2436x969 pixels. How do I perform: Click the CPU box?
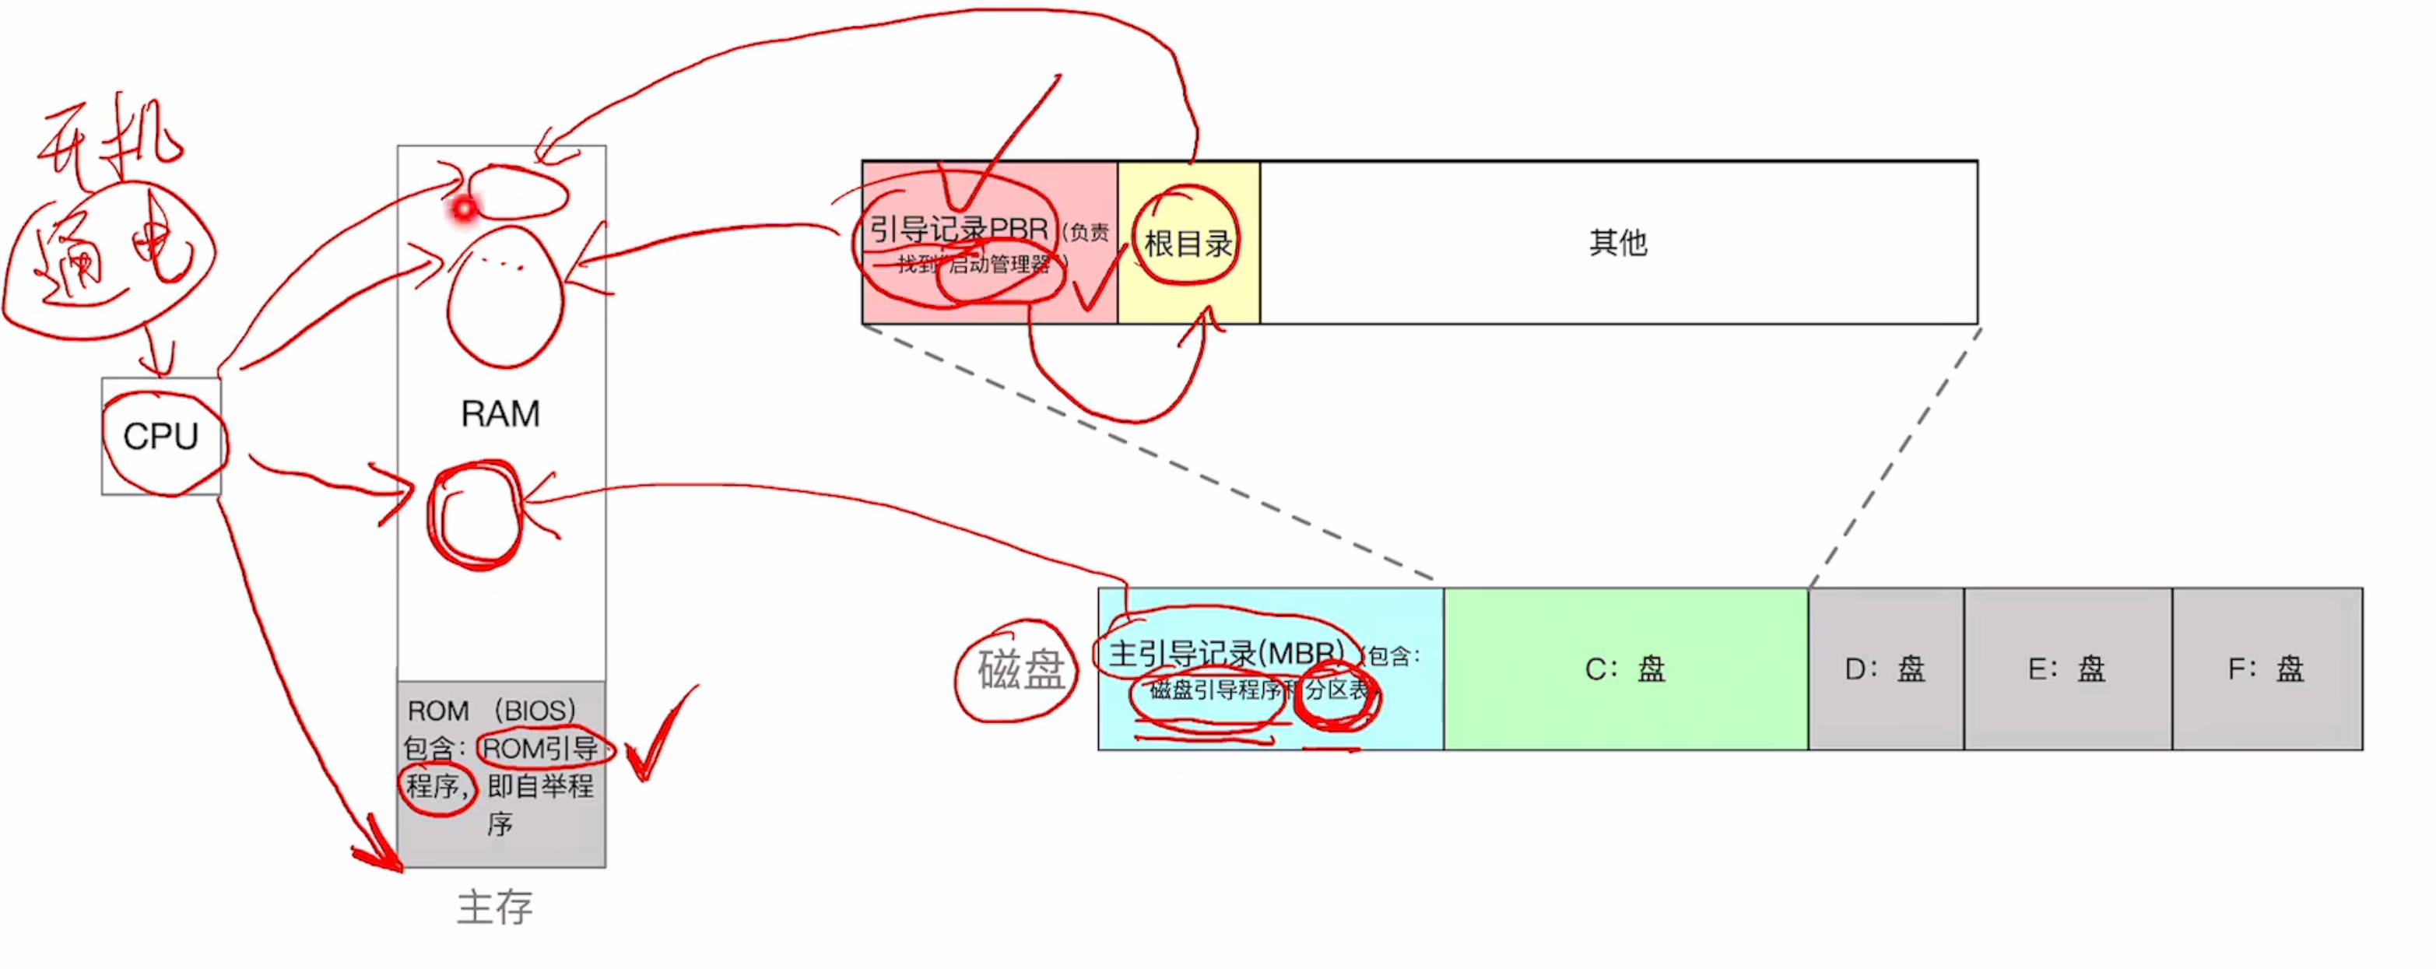tap(161, 436)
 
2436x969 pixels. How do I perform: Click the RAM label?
tap(500, 413)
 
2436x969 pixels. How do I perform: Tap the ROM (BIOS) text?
tap(492, 710)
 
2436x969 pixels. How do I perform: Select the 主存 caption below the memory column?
tap(494, 907)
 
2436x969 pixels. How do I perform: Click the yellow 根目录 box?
tap(1188, 243)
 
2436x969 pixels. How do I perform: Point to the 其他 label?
tap(1618, 243)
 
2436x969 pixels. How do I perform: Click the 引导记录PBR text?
tap(959, 229)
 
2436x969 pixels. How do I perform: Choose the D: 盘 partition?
tap(1885, 669)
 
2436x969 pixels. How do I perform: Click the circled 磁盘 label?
tap(1020, 670)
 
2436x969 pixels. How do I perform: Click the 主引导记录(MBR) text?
tap(1226, 653)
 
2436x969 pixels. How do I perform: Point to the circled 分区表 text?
tap(1337, 690)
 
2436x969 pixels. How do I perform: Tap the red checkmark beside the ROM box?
tap(659, 737)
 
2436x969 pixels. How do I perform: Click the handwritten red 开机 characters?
tap(109, 142)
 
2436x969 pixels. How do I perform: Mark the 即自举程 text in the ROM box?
tap(540, 785)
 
